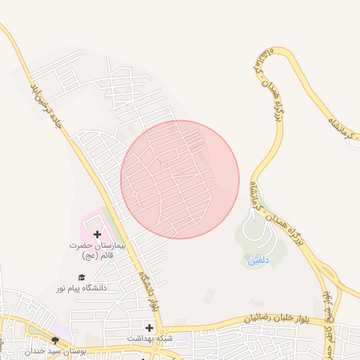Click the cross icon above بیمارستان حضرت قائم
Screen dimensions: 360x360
click(x=96, y=234)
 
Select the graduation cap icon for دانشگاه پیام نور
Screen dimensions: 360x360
click(x=82, y=277)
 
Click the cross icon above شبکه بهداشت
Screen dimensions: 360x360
click(x=149, y=328)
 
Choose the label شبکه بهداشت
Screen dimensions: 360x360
click(x=148, y=338)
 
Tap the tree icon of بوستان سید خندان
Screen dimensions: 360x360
click(x=55, y=340)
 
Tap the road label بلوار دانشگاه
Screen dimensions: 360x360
click(x=148, y=292)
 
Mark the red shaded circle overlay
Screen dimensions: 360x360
click(x=180, y=179)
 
